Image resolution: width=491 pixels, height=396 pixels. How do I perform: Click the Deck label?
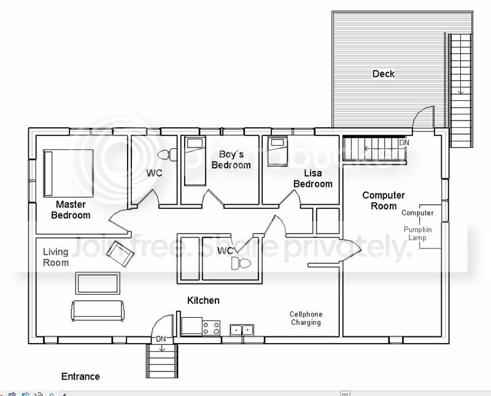coord(383,74)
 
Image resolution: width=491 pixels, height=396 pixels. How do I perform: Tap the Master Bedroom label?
coord(71,210)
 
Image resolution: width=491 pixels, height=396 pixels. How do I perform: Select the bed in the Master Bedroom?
coord(69,173)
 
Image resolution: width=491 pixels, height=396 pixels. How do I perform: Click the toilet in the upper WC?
coord(167,155)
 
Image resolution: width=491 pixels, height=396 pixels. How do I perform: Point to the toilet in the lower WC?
coord(241,263)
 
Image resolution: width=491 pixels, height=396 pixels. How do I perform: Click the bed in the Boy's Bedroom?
coord(195,161)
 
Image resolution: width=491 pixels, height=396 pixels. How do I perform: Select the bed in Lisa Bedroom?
coord(277,151)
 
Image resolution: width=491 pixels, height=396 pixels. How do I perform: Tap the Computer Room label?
coord(384,200)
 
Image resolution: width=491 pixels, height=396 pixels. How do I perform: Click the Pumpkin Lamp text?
coord(418,234)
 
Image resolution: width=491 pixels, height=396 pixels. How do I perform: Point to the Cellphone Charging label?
coord(306,318)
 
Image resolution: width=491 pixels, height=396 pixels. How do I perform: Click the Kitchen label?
coord(203,300)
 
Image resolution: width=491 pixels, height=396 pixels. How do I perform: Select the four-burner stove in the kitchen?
coord(211,328)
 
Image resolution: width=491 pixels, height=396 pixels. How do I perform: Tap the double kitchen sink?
coord(242,330)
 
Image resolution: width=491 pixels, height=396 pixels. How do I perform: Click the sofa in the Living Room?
coord(98,311)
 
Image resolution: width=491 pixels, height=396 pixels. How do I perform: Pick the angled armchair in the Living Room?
coord(120,253)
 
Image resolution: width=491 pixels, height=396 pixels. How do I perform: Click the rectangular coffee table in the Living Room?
coord(98,283)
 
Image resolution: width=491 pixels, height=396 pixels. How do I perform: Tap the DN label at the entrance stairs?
coord(161,339)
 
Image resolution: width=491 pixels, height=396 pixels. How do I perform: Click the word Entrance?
coord(80,376)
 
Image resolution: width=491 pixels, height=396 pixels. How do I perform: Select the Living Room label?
coord(56,257)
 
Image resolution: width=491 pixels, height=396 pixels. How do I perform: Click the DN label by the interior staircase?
coord(404,143)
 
